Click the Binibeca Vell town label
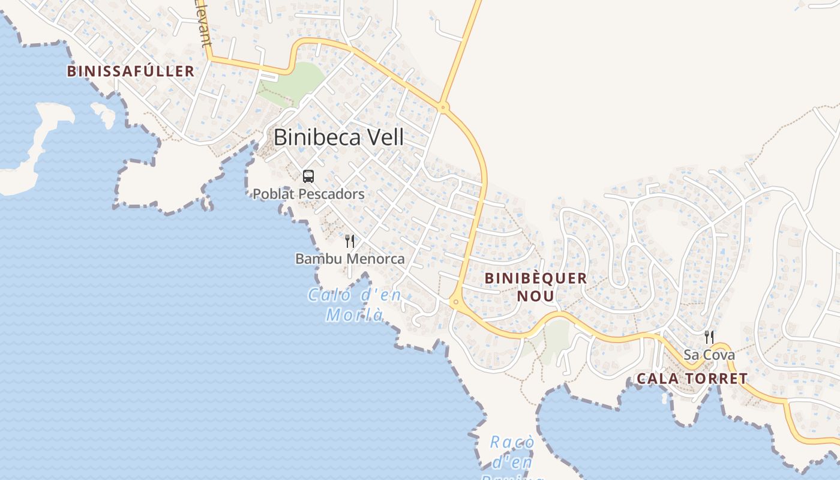pos(338,137)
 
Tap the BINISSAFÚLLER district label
pos(130,71)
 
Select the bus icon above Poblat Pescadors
pos(308,176)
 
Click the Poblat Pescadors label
pos(308,194)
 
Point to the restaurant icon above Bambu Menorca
pos(350,241)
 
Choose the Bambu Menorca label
pos(350,259)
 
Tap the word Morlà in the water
pos(354,314)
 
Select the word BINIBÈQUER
pos(535,278)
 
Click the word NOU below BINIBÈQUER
pos(535,296)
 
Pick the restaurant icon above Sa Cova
pos(709,337)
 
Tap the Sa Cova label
pos(709,355)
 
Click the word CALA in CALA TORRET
pos(656,379)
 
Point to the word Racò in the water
pos(512,443)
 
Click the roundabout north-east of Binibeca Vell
pos(443,108)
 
